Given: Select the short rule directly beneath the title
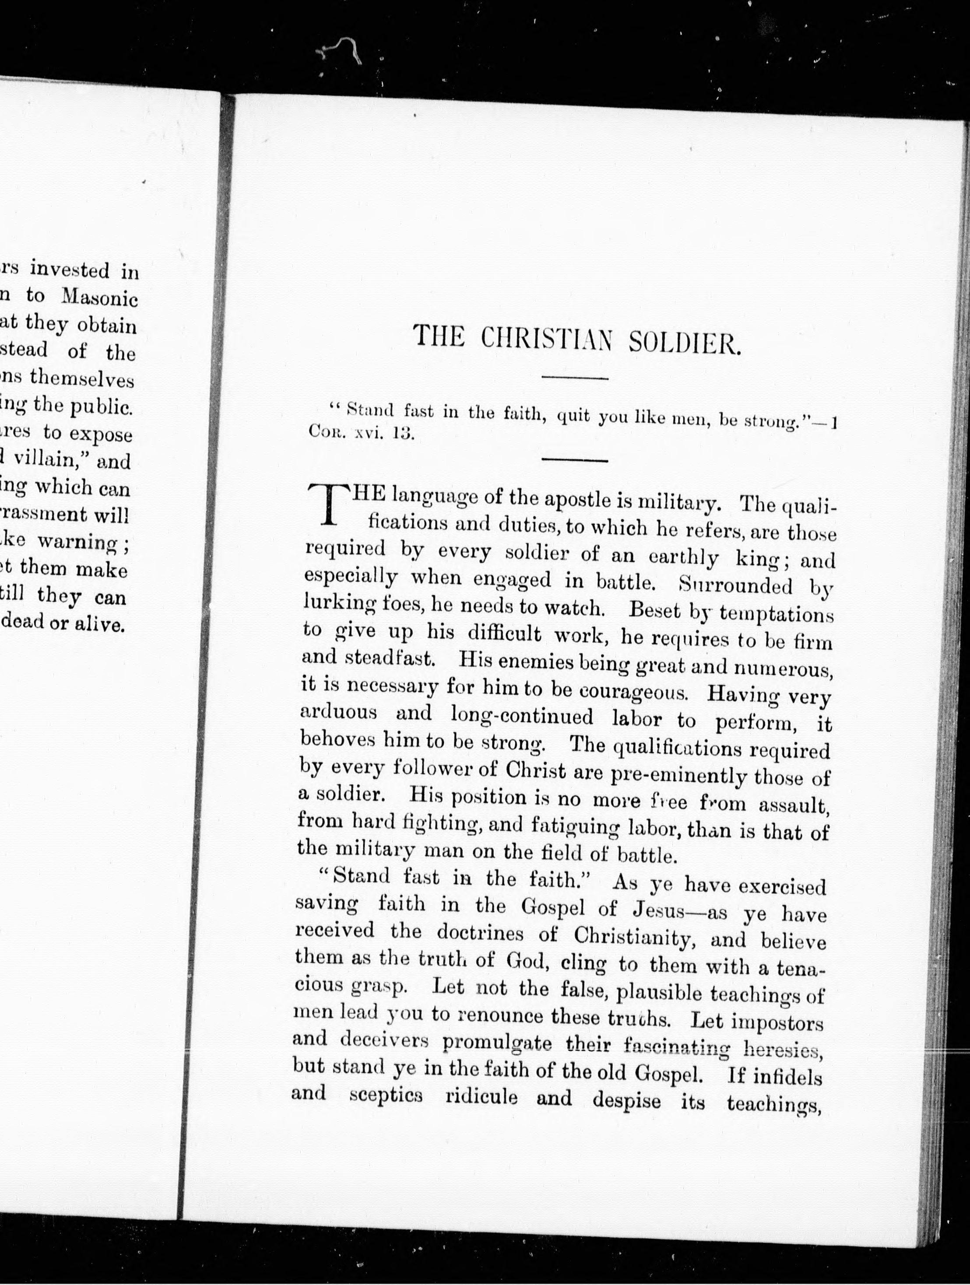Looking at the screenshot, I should pos(574,379).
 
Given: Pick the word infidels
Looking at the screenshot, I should pos(787,1076).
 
